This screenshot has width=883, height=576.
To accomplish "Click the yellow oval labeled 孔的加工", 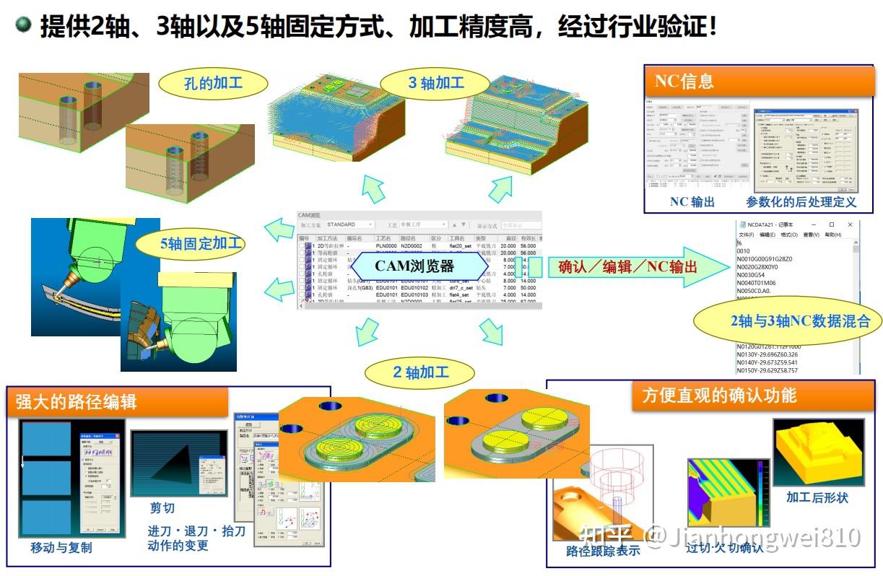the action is (x=203, y=83).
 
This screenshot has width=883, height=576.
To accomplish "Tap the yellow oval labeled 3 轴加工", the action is (x=435, y=83).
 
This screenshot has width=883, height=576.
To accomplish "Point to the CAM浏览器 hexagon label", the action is (x=414, y=265).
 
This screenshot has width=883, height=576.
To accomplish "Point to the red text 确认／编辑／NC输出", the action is (x=627, y=267).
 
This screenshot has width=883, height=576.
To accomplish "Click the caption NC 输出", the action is (x=692, y=202).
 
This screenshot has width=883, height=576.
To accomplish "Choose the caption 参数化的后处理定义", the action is (x=801, y=202).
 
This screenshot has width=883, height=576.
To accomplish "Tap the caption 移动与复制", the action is (x=61, y=548).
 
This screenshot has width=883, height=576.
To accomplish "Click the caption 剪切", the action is (x=162, y=507).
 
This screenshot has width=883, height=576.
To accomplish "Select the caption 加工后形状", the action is (x=817, y=498).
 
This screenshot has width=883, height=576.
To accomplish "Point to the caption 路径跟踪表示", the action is (x=603, y=551).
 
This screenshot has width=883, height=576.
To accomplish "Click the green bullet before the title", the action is (x=24, y=26).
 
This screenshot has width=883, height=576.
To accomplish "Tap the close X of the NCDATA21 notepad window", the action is (x=850, y=225).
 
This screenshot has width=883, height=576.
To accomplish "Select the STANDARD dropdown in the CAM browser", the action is (x=349, y=224).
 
